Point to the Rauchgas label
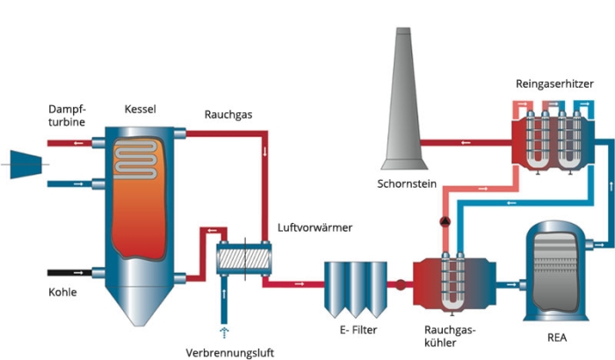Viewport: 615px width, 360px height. pos(227,114)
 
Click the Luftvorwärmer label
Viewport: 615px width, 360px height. pos(314,228)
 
